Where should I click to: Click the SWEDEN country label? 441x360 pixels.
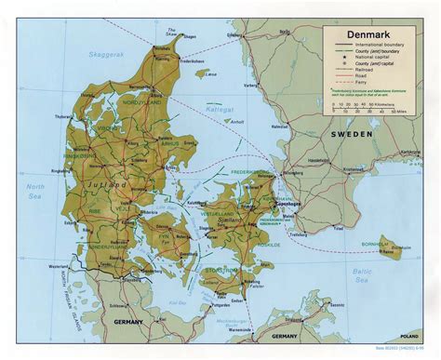click(x=353, y=135)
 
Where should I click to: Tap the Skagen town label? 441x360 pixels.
click(x=175, y=40)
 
